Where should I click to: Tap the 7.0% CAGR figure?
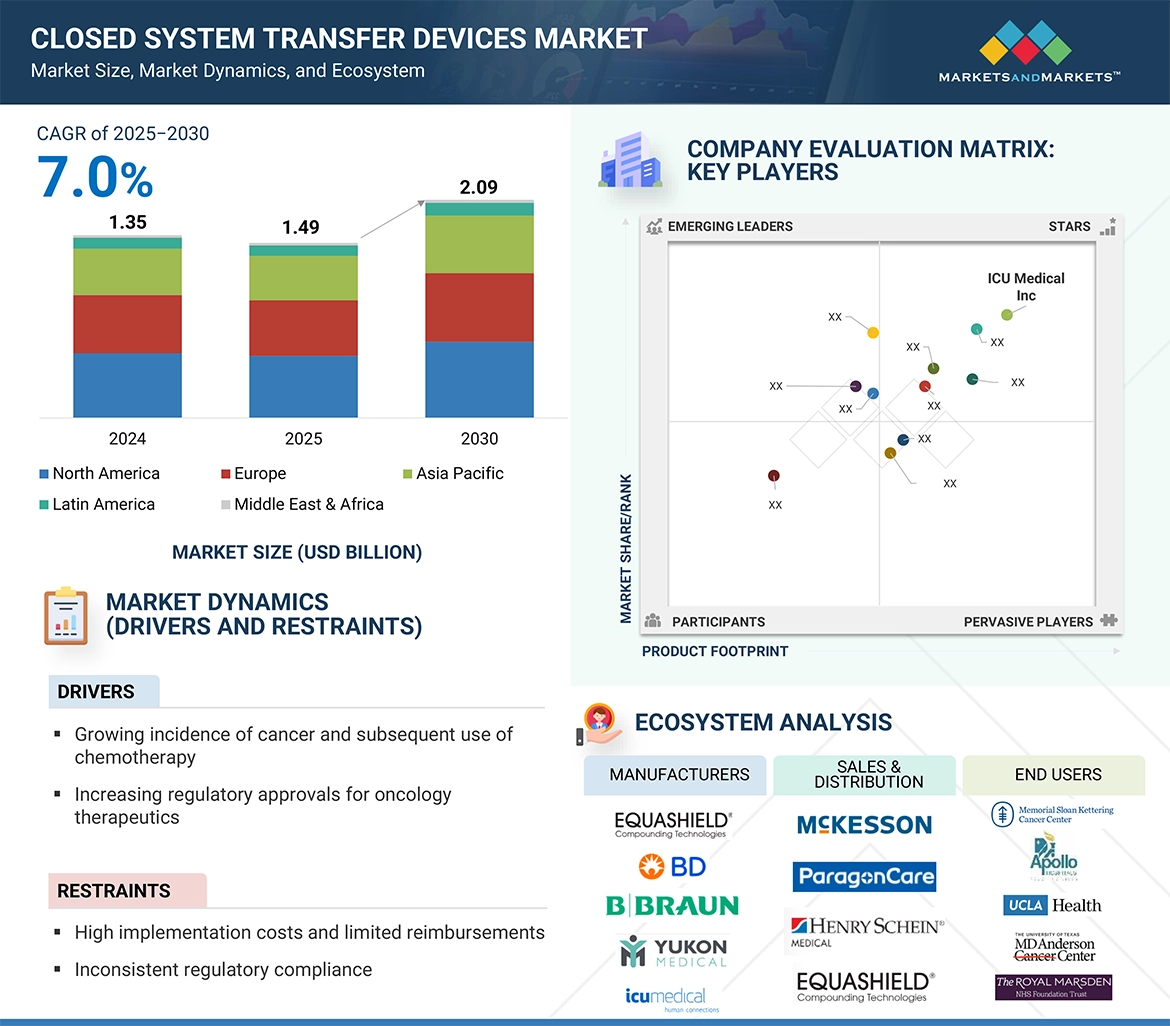96,179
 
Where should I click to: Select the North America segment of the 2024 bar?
127,385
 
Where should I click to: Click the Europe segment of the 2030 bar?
479,307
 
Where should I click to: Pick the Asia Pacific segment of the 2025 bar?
303,278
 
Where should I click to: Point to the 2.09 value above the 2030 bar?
478,187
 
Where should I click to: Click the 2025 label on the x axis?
303,439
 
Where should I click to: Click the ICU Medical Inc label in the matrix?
1026,287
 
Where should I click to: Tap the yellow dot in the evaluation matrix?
873,332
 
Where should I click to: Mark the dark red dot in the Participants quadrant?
773,476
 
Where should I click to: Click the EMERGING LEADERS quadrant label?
729,226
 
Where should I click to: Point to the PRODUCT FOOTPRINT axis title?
715,651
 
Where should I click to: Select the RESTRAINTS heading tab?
114,891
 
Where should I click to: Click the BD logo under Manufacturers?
674,866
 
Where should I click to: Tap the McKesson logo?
864,825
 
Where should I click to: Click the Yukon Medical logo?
674,951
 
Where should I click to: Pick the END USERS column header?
1058,775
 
